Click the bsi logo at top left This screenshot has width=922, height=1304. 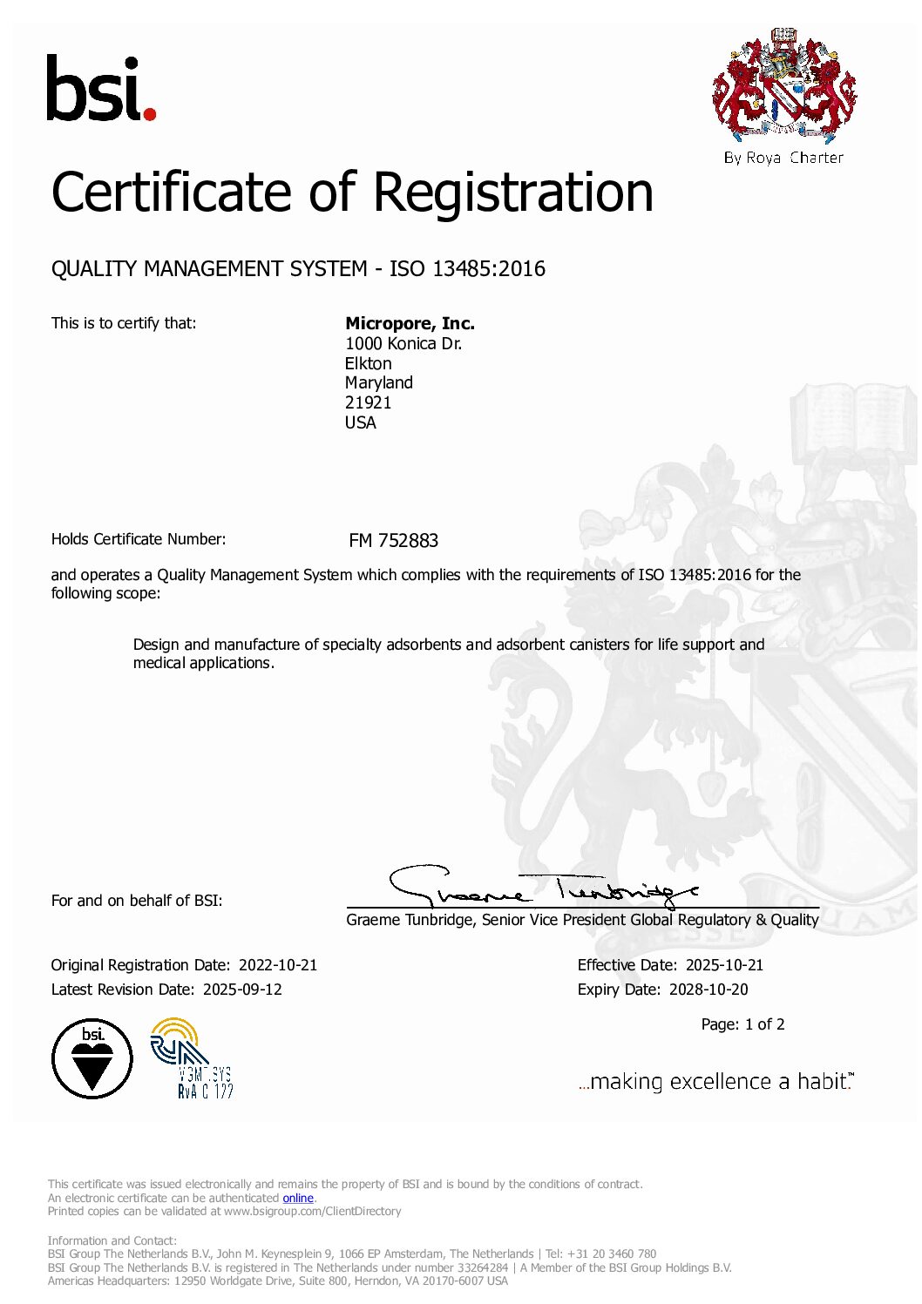click(100, 89)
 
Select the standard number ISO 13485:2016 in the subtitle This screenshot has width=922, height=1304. click(467, 268)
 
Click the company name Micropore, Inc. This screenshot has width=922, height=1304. click(410, 323)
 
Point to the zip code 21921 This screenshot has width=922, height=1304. click(368, 402)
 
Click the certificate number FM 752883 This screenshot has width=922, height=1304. click(393, 541)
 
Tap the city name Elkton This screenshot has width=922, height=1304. click(368, 363)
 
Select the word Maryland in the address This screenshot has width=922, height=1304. click(378, 382)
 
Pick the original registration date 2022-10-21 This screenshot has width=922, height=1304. click(278, 965)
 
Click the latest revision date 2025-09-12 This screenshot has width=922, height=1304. click(242, 990)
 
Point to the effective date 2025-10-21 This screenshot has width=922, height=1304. click(724, 965)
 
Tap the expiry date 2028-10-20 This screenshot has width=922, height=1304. click(708, 990)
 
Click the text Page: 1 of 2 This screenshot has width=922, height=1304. click(742, 1024)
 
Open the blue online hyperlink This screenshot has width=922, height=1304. click(298, 1198)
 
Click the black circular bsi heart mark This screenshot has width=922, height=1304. click(92, 1058)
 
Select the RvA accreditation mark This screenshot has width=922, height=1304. click(192, 1058)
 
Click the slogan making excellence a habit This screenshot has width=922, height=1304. click(715, 1082)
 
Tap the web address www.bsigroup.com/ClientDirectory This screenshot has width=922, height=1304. click(312, 1211)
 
